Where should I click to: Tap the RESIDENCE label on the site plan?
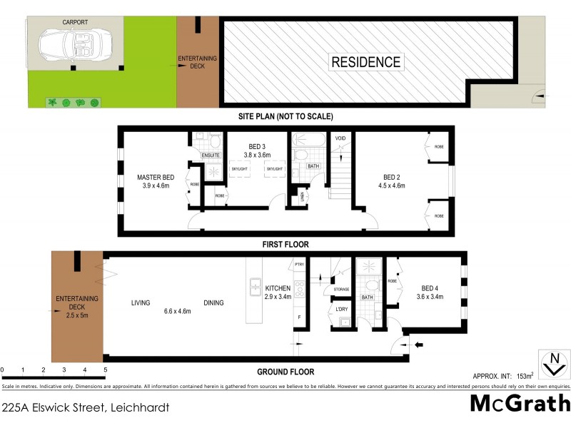tap(366, 61)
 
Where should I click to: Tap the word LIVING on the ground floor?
tap(141, 303)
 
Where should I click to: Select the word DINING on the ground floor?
tap(213, 303)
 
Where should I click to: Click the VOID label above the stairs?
tap(340, 138)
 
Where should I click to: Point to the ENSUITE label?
tap(211, 155)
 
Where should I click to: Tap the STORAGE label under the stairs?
tap(341, 289)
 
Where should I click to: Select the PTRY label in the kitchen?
tap(298, 265)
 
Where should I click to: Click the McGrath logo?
tap(519, 404)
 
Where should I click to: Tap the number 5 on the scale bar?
tap(105, 370)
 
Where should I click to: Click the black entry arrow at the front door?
tap(419, 345)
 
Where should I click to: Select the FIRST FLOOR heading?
tap(285, 244)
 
